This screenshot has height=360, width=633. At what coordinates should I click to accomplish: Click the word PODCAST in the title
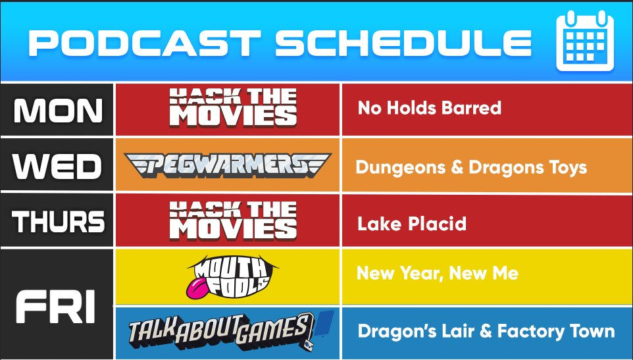tap(145, 43)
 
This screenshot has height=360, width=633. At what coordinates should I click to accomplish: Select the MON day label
tap(58, 110)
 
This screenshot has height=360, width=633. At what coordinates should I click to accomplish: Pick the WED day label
tap(57, 167)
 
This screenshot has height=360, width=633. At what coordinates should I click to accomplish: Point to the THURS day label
tap(58, 222)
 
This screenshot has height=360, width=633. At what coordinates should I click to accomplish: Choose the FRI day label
tap(55, 306)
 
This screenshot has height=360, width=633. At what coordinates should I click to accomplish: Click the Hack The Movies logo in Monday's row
tap(233, 108)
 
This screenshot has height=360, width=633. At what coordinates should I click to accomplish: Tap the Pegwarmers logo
tap(228, 165)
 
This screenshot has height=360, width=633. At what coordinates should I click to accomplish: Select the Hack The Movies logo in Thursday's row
tap(233, 220)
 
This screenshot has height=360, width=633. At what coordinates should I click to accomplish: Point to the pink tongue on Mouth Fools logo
tap(197, 286)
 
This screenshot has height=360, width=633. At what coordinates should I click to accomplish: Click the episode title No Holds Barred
tap(430, 108)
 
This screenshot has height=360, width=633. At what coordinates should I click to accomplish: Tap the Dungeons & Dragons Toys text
tap(471, 167)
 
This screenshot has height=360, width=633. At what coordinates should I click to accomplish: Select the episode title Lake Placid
tap(412, 224)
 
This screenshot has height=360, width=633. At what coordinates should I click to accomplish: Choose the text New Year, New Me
tap(438, 274)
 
